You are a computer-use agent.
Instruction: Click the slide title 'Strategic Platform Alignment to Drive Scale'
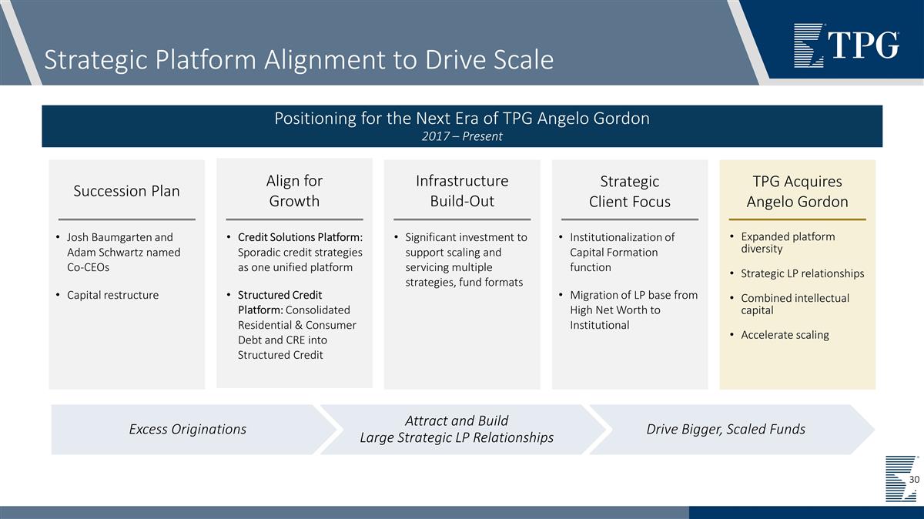(x=299, y=60)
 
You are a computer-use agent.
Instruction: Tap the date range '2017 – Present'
(x=462, y=136)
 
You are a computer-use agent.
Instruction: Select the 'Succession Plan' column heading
(x=126, y=191)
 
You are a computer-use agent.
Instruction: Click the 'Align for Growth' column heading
(x=294, y=191)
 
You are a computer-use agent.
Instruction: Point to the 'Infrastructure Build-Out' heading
(x=462, y=191)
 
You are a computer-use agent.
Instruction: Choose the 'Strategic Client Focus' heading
(x=629, y=192)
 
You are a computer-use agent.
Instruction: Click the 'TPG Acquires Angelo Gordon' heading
(x=797, y=192)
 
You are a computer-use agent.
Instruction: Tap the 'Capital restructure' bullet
(x=112, y=295)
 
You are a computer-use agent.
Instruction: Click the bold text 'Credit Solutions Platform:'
(x=300, y=237)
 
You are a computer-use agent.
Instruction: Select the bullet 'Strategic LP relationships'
(x=802, y=273)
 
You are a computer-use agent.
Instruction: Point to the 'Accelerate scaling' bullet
(x=784, y=335)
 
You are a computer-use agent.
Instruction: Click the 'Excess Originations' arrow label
(x=188, y=429)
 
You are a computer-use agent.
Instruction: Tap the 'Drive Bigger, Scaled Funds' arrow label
(x=725, y=429)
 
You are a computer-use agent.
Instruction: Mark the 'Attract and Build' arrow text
(x=457, y=420)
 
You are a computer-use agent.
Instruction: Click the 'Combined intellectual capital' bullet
(x=794, y=304)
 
